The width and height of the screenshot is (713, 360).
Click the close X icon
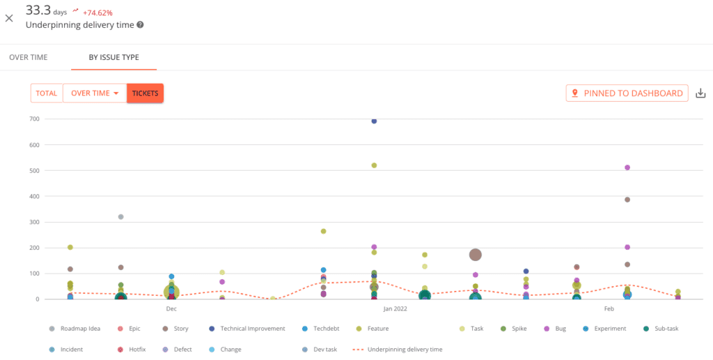coord(9,18)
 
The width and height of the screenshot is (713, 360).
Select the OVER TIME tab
coord(29,57)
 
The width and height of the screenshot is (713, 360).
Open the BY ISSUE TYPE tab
coord(113,57)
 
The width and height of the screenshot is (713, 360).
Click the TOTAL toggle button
coord(47,93)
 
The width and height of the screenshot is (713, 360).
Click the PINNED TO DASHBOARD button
coord(627,93)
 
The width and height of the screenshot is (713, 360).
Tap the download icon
coord(700,93)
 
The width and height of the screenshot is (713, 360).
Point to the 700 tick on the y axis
coord(33,119)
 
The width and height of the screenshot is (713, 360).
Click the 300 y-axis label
coord(33,222)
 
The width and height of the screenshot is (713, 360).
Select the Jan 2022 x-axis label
coord(395,308)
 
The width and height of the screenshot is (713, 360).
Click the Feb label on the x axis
coord(609,308)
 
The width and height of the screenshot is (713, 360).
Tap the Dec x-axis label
coord(171,308)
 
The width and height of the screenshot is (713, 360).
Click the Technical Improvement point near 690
coord(374,121)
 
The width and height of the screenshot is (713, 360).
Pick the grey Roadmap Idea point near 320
coord(120,217)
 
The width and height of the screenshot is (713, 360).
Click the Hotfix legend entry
coord(137,350)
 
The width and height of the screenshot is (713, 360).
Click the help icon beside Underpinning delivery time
coord(141,25)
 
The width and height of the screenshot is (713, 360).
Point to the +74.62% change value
coord(97,13)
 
